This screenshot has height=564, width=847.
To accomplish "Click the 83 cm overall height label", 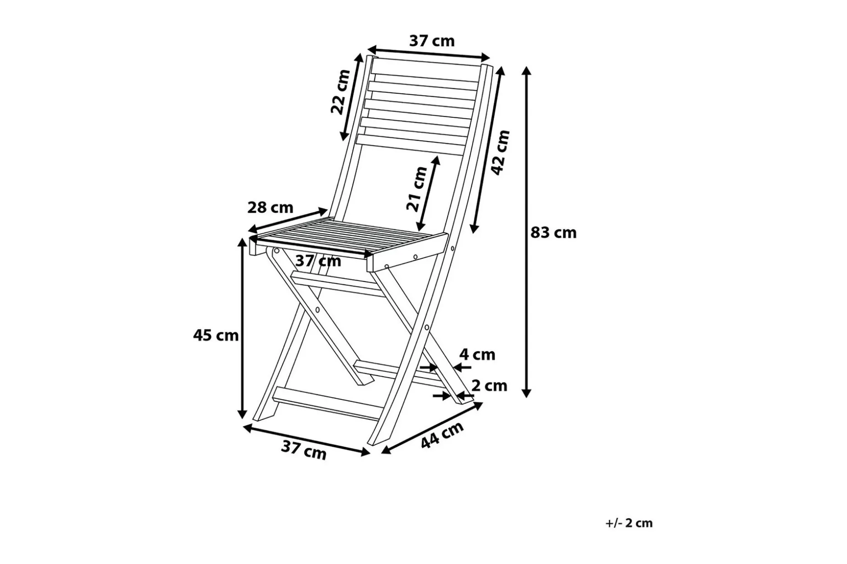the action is (553, 232).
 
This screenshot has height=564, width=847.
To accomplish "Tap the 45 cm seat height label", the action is (216, 335).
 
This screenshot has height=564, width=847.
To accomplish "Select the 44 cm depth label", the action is (442, 434).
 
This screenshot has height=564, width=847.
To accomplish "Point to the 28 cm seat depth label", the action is (270, 207).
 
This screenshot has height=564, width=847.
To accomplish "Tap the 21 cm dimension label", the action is (417, 189).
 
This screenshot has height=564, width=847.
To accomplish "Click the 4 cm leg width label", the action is (477, 354).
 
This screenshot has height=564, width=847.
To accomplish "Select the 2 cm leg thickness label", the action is (489, 385).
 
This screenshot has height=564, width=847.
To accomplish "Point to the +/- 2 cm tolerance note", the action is (629, 523).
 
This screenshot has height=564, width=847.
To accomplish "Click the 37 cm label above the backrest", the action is (432, 41).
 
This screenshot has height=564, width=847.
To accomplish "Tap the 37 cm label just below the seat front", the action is (318, 261).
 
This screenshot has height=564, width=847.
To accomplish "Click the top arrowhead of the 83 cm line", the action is (526, 70).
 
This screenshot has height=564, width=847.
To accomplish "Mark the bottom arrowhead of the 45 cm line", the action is (242, 413).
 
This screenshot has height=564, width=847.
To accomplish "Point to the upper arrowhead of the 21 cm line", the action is (437, 161).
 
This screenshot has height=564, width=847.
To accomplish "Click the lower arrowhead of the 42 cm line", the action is (475, 227).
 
